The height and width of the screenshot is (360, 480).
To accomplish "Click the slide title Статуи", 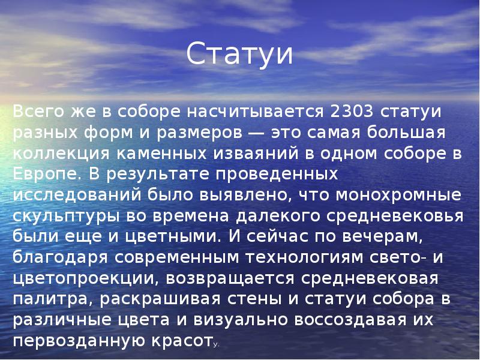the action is tap(239, 54).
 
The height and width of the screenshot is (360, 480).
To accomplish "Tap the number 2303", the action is tap(352, 112).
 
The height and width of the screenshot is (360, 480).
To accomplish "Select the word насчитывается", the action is tap(255, 112).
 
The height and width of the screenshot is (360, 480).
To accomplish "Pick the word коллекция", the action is tap(61, 154).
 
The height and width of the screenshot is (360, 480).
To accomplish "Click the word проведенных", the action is tap(277, 175).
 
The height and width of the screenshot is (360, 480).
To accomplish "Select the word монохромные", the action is tap(398, 196).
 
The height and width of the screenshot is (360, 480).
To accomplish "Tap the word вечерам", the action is tap(382, 237).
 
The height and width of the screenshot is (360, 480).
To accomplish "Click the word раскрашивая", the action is tap(160, 299).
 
